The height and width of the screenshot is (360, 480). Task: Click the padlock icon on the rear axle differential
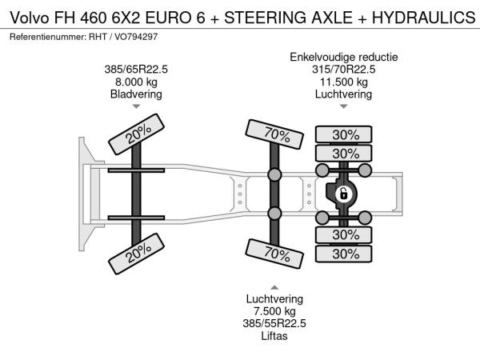343,194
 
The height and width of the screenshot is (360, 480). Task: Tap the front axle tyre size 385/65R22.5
136,70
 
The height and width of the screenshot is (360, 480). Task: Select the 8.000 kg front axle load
136,82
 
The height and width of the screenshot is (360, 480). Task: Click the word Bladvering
136,94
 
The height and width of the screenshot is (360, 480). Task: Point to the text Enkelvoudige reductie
344,58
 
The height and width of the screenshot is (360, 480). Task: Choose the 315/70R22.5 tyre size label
343,70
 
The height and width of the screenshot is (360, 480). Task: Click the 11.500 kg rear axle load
343,82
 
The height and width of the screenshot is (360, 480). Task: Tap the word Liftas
274,336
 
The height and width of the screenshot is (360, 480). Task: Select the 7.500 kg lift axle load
274,311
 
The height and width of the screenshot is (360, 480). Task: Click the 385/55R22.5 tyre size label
274,323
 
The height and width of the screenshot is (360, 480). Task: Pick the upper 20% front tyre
136,134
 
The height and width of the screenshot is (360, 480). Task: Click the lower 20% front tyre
136,254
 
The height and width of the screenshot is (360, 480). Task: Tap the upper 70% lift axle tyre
274,134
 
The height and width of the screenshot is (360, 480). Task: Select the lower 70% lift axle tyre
274,254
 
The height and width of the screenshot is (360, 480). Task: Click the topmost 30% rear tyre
343,134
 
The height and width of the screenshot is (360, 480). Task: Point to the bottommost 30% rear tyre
343,254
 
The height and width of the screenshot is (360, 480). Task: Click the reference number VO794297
136,37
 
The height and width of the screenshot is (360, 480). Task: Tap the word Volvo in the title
30,18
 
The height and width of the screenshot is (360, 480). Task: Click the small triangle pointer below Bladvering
136,106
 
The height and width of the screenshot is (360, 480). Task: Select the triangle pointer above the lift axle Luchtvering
274,287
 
